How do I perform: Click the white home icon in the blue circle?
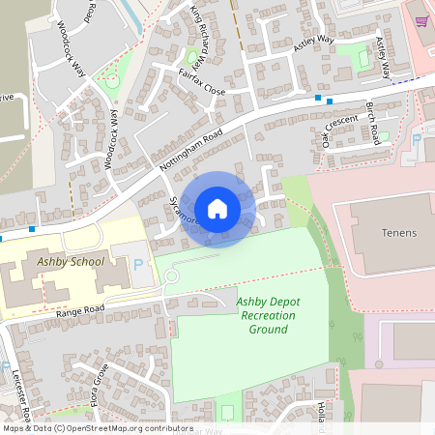click(217, 209)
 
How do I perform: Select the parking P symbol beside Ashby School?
click(137, 264)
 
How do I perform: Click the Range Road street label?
click(78, 310)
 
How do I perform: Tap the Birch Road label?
click(375, 119)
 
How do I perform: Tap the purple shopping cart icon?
click(421, 21)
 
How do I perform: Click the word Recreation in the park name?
click(267, 315)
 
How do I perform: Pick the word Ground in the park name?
click(268, 329)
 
